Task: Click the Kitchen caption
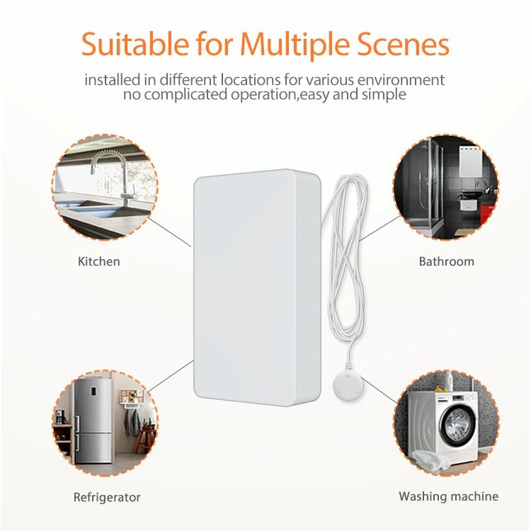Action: pyautogui.click(x=98, y=262)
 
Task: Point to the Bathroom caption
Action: pyautogui.click(x=446, y=262)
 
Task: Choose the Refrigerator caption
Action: pyautogui.click(x=107, y=497)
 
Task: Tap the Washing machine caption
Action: pyautogui.click(x=448, y=496)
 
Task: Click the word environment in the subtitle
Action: pyautogui.click(x=405, y=79)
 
